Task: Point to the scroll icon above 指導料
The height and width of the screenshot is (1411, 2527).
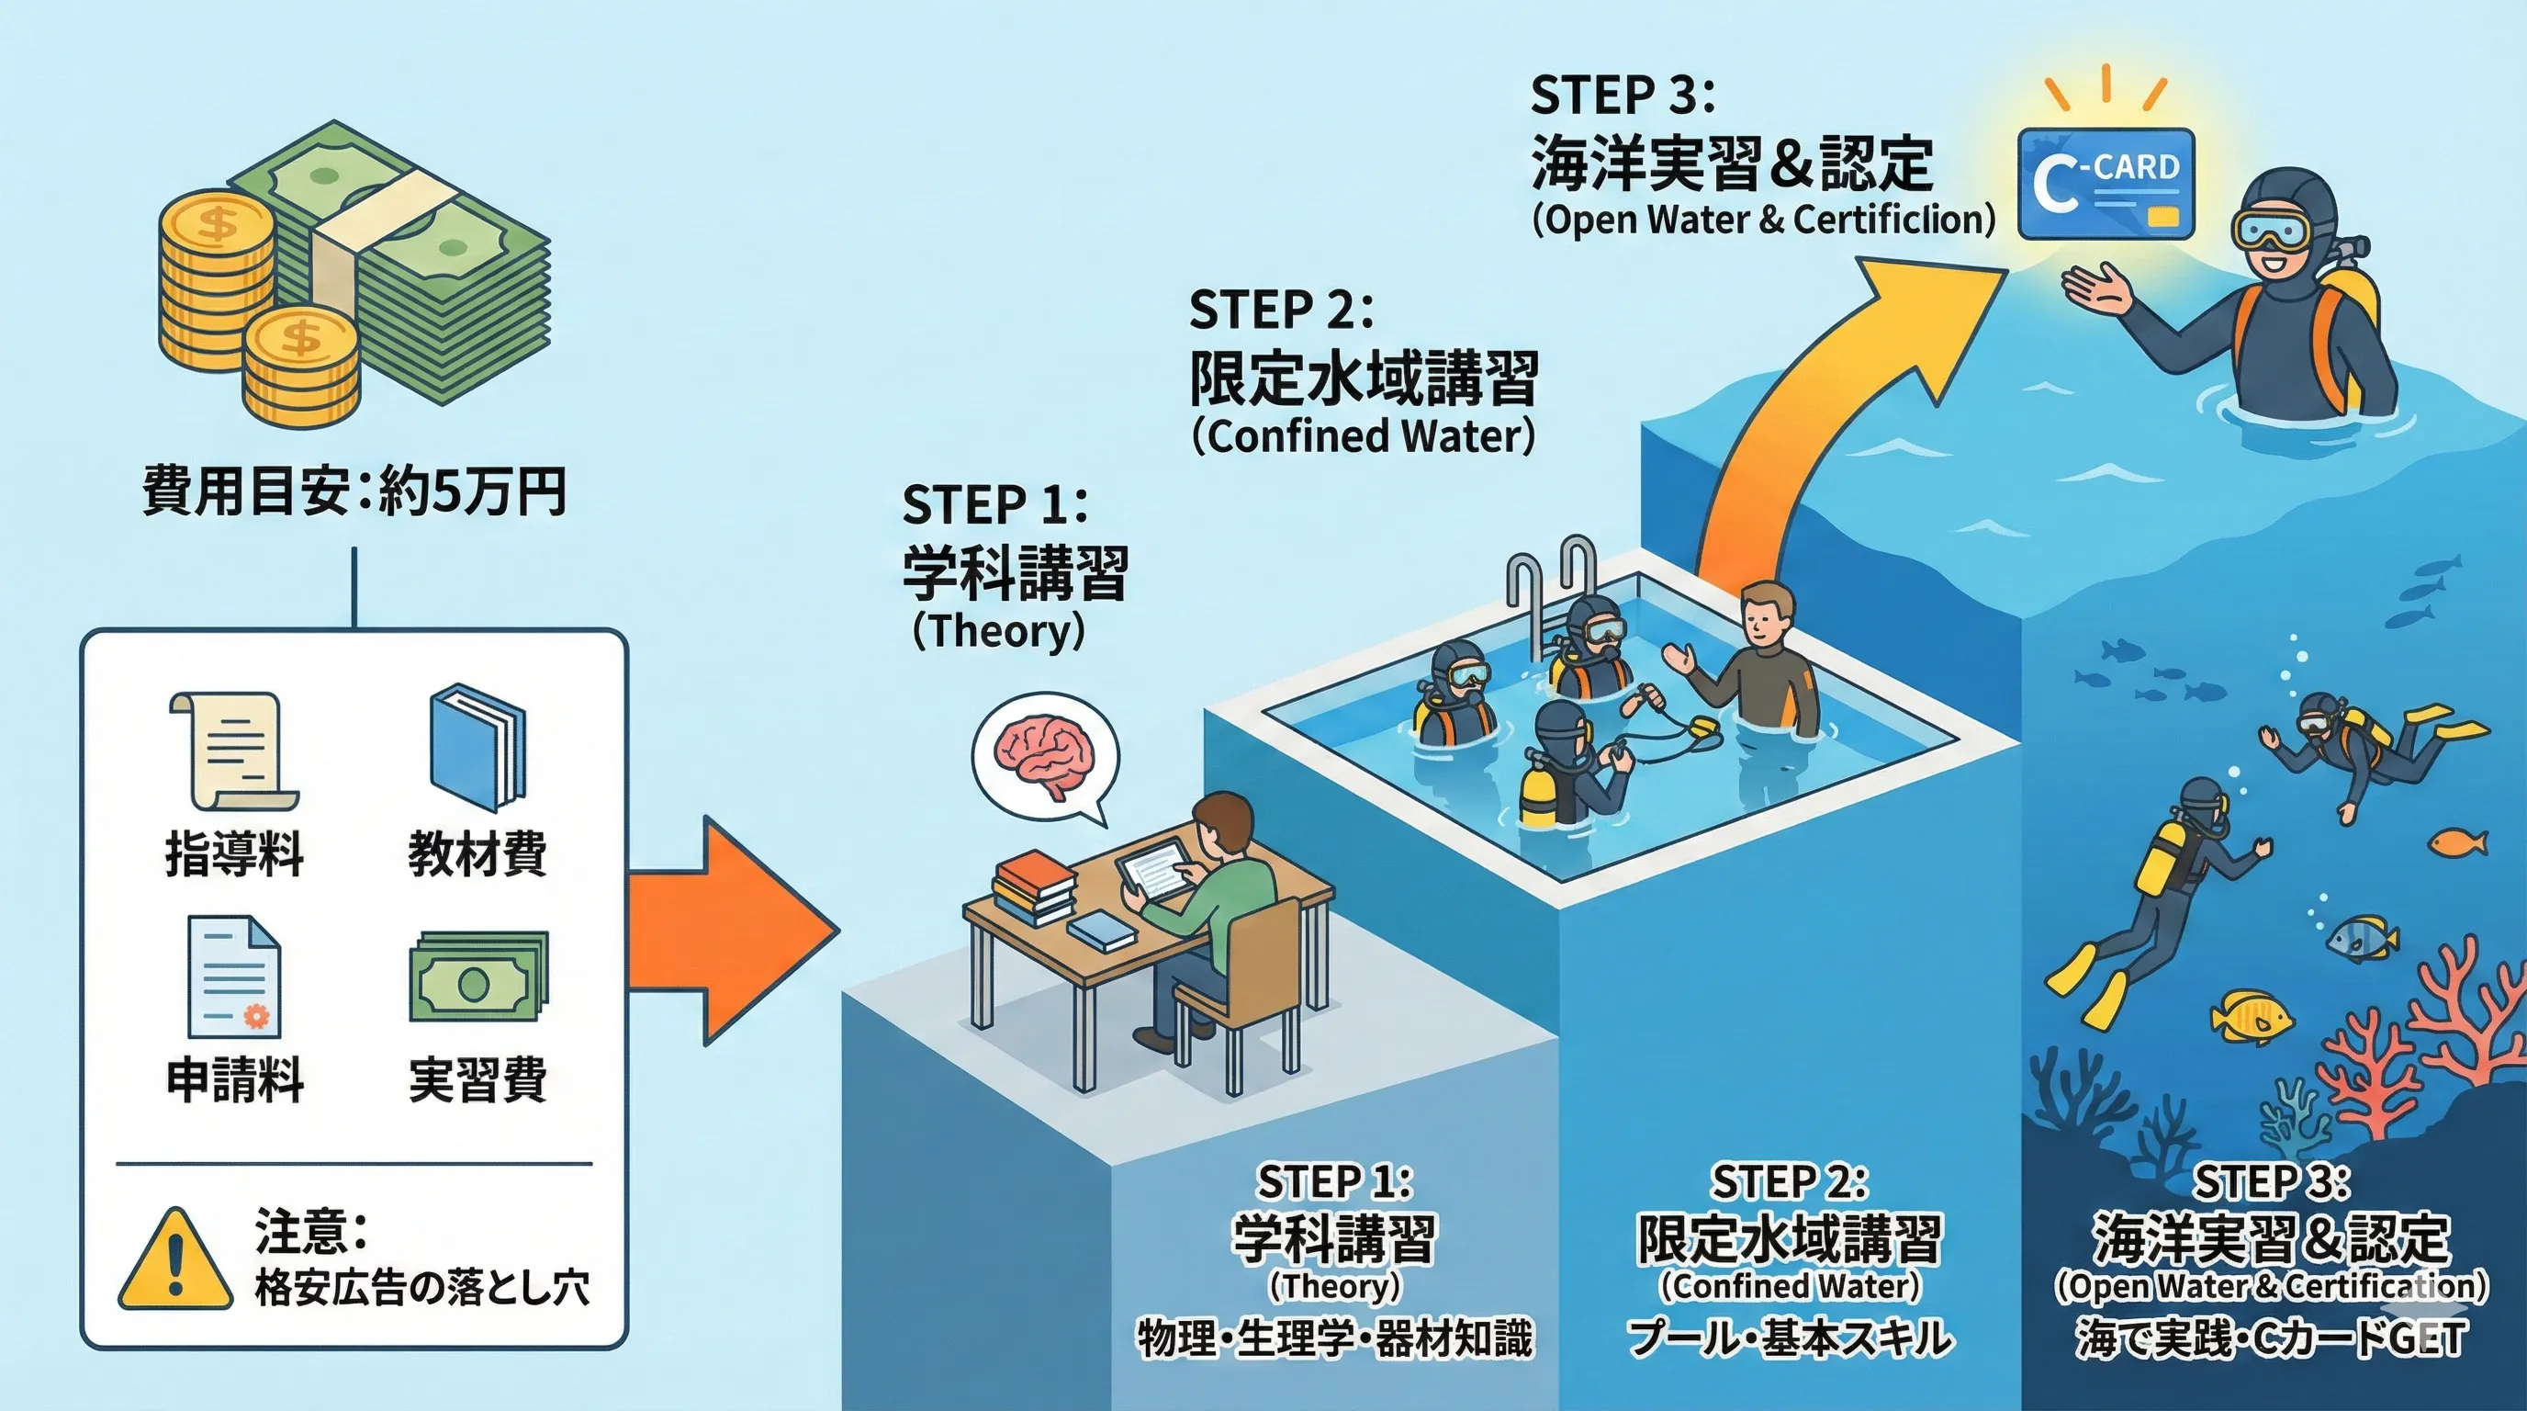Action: click(x=233, y=750)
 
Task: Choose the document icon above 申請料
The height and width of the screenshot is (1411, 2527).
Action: click(x=233, y=977)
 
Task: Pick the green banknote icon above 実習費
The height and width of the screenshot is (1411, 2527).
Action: click(x=477, y=977)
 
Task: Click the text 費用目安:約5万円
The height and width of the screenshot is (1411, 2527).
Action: click(x=354, y=492)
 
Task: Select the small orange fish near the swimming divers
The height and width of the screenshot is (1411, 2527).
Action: click(x=2459, y=841)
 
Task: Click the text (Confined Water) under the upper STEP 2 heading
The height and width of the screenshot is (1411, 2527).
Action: click(x=1363, y=436)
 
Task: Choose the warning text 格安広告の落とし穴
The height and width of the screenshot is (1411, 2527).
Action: click(x=421, y=1288)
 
